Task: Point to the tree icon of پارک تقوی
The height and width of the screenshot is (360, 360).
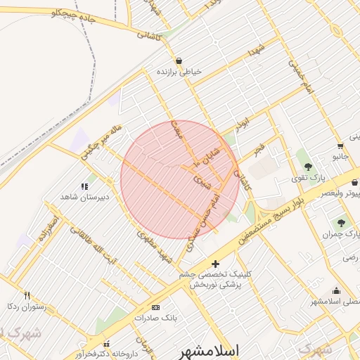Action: pos(308,167)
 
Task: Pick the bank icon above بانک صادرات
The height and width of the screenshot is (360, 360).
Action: pos(155,307)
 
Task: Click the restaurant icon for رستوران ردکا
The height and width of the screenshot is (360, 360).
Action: pos(27,295)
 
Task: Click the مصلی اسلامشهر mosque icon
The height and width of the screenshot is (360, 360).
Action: pos(337,291)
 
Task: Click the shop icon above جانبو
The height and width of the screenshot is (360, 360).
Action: pos(340,146)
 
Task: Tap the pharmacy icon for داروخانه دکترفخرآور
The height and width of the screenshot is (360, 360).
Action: pos(107,345)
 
